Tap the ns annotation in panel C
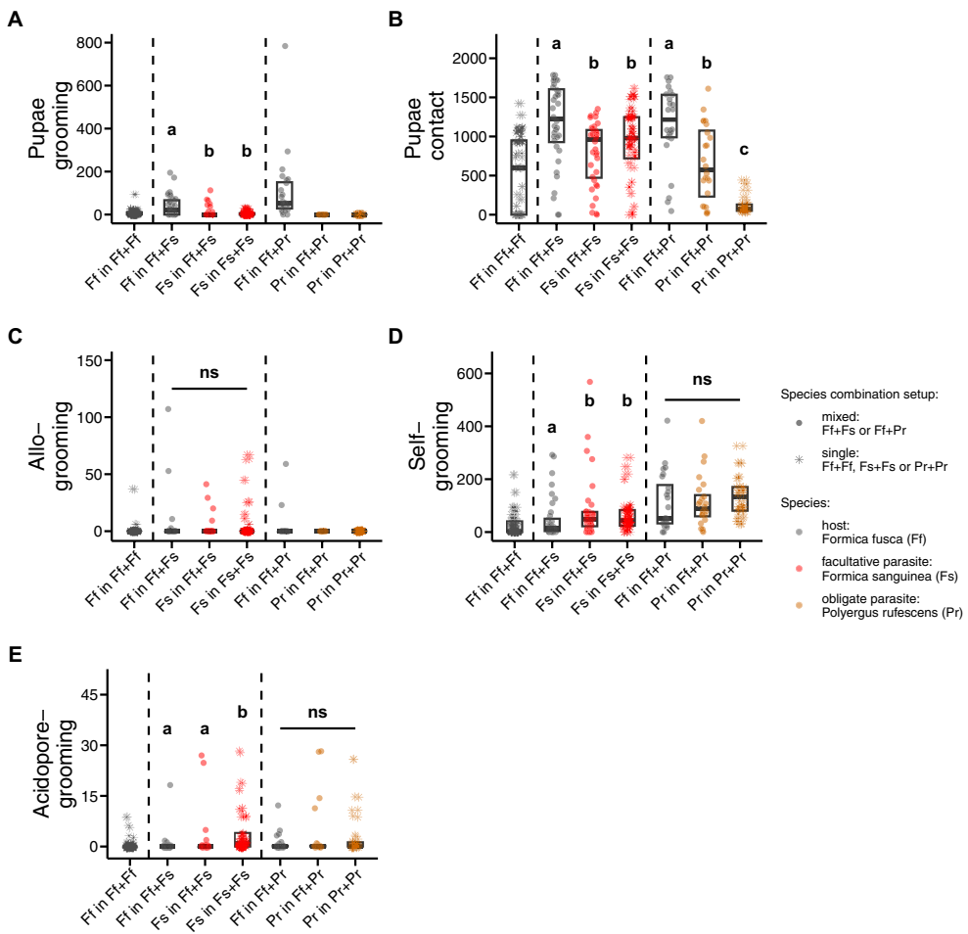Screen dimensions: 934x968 [x=209, y=373]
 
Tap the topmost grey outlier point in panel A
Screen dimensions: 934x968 [x=285, y=46]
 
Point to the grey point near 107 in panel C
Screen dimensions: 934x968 [x=168, y=408]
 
